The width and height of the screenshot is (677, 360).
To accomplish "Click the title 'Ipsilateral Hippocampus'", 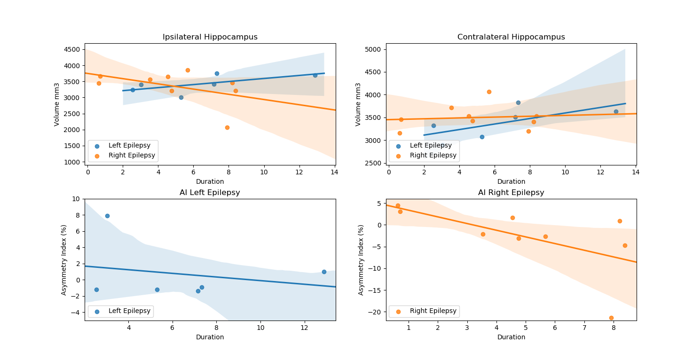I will (210, 37).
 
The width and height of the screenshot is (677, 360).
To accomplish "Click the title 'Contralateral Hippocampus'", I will (511, 37).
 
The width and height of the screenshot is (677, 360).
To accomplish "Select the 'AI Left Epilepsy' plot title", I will (210, 193).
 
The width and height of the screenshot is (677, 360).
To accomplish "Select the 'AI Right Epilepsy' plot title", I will (511, 193).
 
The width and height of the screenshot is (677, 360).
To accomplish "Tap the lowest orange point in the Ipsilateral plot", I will (227, 127).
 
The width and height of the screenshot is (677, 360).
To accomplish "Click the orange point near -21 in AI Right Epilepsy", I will (611, 318).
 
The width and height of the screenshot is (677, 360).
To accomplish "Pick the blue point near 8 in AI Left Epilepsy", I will (107, 216).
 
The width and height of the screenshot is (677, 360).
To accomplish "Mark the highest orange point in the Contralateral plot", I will (489, 92).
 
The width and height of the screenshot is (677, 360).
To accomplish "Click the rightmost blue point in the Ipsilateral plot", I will (315, 75).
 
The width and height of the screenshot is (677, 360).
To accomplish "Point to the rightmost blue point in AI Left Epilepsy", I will (324, 272).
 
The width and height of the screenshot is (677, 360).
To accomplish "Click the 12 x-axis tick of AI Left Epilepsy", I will (305, 328).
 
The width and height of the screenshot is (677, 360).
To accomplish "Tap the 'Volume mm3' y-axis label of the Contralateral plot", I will (358, 104).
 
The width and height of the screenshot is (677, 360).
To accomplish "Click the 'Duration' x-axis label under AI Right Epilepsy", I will (511, 337).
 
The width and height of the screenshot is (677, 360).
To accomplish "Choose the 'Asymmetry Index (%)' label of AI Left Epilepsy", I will (64, 260).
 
